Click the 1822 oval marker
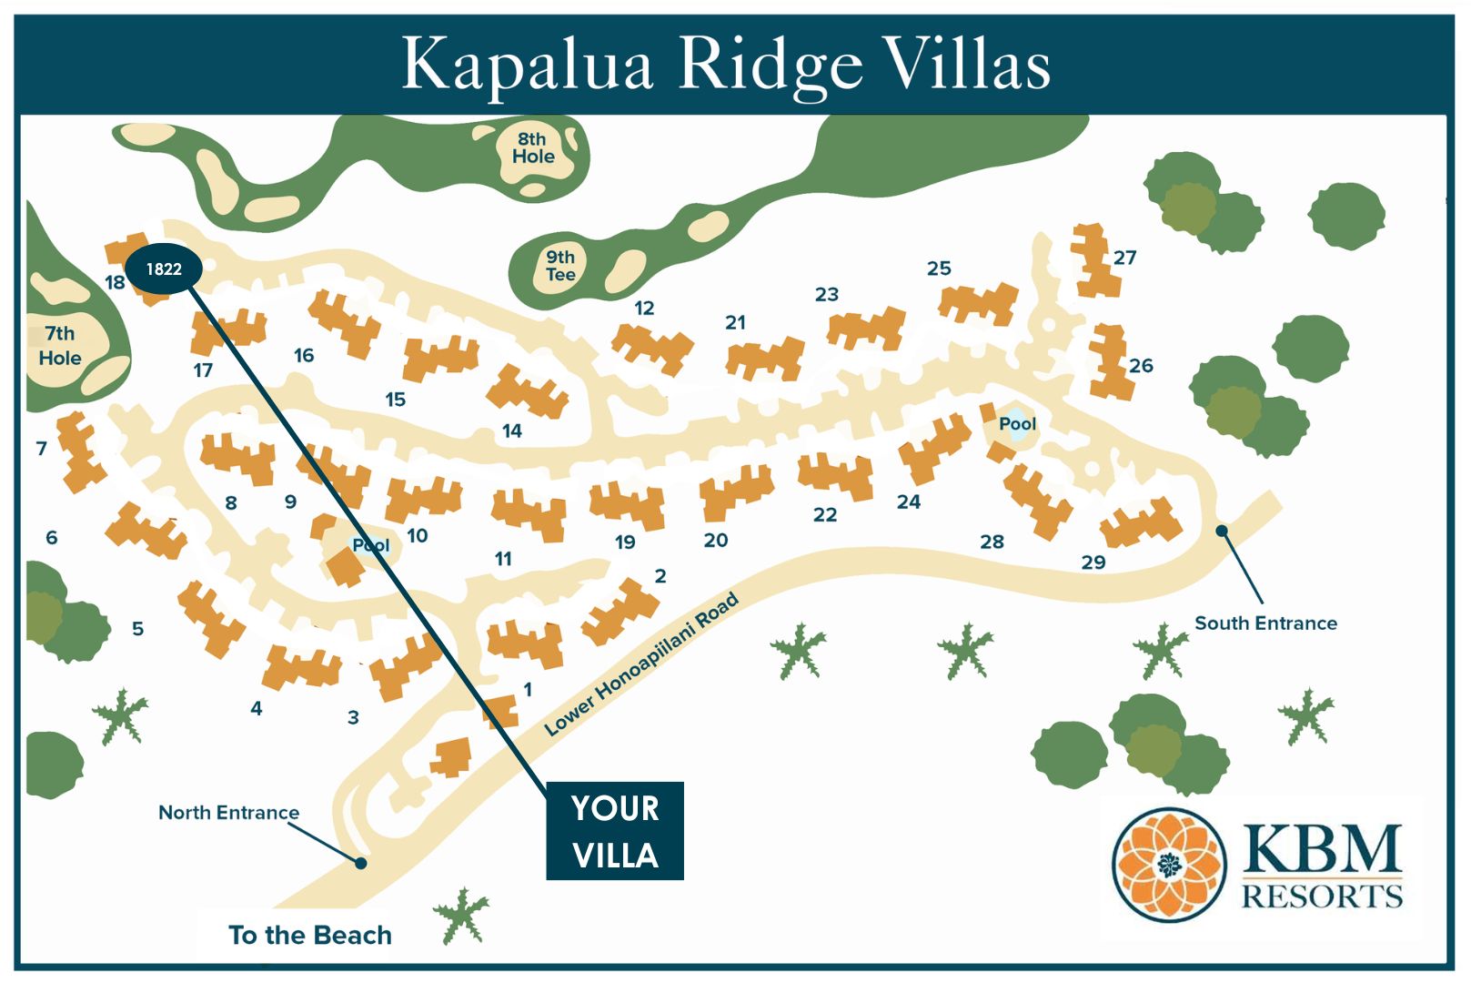click(x=164, y=269)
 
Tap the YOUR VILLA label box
click(x=615, y=831)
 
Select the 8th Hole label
click(x=533, y=147)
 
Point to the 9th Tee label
click(x=560, y=266)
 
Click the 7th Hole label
click(x=60, y=346)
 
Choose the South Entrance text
click(x=1265, y=623)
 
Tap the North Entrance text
click(x=228, y=812)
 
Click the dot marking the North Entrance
click(x=361, y=863)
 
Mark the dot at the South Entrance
click(x=1222, y=531)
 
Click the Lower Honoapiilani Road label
click(x=640, y=664)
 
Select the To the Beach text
click(x=310, y=935)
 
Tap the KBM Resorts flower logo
click(x=1169, y=865)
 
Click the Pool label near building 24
click(x=1017, y=424)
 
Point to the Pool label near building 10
click(x=370, y=545)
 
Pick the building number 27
click(x=1124, y=258)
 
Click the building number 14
click(x=512, y=431)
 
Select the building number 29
click(x=1093, y=562)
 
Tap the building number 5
click(x=138, y=628)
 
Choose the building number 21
click(x=735, y=322)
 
